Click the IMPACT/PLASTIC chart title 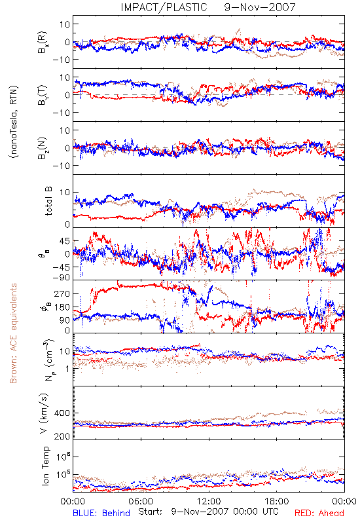(164, 7)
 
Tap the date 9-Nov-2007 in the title (260, 7)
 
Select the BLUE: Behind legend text (101, 513)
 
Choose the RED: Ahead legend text (319, 513)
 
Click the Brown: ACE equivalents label (13, 333)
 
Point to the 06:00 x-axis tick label (141, 501)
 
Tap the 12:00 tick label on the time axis (209, 501)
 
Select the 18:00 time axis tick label (277, 501)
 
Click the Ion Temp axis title (46, 466)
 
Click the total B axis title (48, 201)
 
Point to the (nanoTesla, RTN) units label (14, 121)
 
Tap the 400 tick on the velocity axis (62, 413)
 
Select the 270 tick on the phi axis (62, 294)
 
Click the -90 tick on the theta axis (62, 278)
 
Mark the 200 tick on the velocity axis (62, 436)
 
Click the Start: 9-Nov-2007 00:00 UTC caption (208, 512)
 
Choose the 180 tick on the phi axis (62, 307)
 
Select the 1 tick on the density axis (68, 369)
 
